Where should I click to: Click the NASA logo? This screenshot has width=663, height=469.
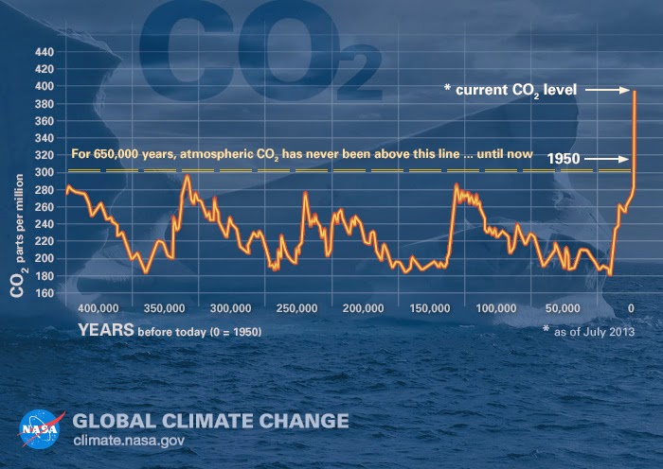(x=39, y=428)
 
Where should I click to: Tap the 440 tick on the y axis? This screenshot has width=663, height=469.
(x=45, y=52)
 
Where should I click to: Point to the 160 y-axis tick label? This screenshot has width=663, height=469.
(x=45, y=292)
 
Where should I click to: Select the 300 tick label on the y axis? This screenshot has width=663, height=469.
(x=45, y=172)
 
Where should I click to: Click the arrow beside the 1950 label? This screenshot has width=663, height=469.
(x=607, y=160)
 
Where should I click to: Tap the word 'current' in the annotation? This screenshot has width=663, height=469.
(x=482, y=90)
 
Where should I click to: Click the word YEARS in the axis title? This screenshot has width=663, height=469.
(x=106, y=331)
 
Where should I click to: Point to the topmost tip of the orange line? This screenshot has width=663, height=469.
(x=634, y=91)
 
